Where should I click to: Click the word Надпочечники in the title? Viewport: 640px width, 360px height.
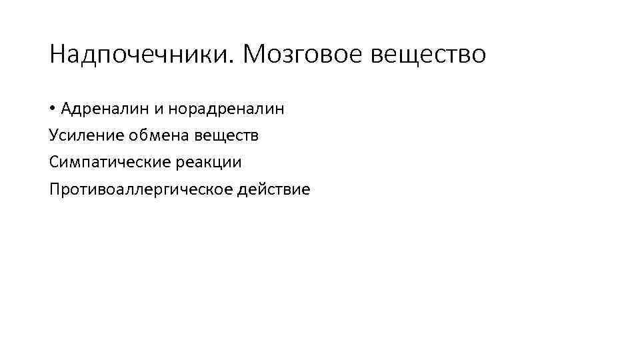click(139, 55)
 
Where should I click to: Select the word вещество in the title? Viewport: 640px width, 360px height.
click(428, 55)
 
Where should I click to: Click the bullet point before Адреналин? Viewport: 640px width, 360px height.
click(52, 109)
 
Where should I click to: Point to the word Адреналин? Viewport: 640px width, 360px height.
click(104, 109)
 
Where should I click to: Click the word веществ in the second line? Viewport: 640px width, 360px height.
click(227, 135)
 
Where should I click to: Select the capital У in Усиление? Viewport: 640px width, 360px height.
click(53, 135)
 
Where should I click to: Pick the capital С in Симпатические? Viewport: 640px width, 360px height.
click(53, 162)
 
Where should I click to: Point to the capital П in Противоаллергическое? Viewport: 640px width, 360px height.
click(54, 189)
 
